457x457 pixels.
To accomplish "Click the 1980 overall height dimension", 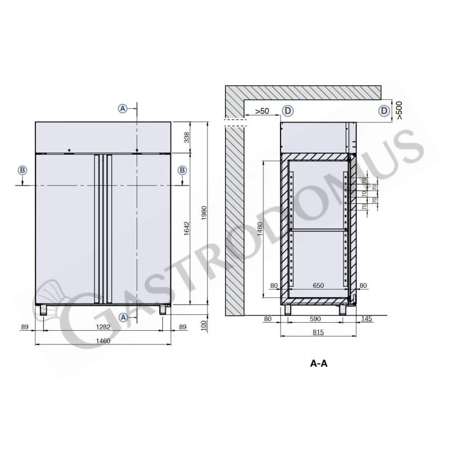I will click(x=203, y=213).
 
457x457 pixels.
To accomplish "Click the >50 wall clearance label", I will click(x=262, y=110).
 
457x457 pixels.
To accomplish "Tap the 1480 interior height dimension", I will click(x=259, y=229).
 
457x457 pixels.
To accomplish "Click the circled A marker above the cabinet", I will click(x=122, y=108).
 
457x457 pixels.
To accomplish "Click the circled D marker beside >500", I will click(x=384, y=110).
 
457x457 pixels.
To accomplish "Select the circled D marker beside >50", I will click(x=288, y=110).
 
